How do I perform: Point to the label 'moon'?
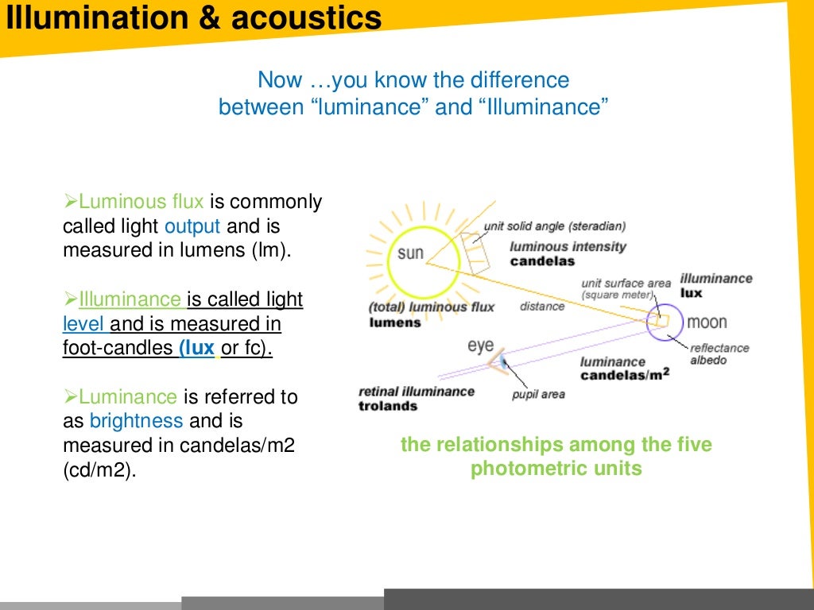coord(707,322)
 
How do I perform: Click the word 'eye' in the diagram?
coord(480,346)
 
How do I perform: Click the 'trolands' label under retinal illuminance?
coord(388,406)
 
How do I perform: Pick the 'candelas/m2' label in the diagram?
coord(625,375)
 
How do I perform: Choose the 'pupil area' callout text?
coord(538,395)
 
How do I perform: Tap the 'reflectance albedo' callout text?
coord(719,354)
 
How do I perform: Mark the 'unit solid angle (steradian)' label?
coord(555,226)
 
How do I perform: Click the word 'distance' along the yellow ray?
coord(542,307)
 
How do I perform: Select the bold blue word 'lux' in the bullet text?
coord(197,348)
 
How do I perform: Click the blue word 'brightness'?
coord(137,420)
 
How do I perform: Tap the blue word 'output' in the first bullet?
coord(192,226)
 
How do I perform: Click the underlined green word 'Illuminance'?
coord(130,299)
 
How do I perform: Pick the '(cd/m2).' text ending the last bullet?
coord(99,469)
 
